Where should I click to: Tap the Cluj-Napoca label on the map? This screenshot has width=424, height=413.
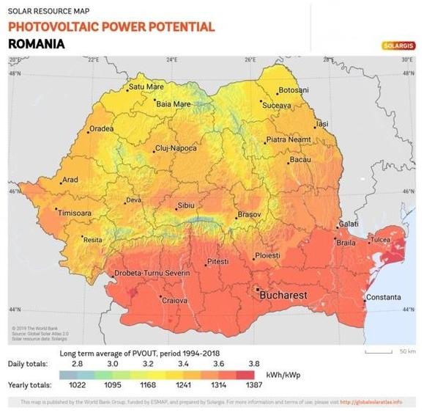click(x=176, y=148)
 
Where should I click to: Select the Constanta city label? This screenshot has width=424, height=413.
click(x=383, y=297)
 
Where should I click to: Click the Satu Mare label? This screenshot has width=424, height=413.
click(x=146, y=87)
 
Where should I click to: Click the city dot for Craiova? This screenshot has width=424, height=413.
click(x=161, y=296)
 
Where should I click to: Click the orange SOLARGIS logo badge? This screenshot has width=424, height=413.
click(x=398, y=45)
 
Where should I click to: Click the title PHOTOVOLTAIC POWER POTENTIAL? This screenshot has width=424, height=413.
click(x=111, y=27)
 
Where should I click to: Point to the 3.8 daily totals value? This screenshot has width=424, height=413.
click(x=253, y=362)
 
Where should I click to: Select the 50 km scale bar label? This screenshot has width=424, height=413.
click(x=408, y=351)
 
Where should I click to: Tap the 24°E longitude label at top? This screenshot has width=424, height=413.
click(x=171, y=59)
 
